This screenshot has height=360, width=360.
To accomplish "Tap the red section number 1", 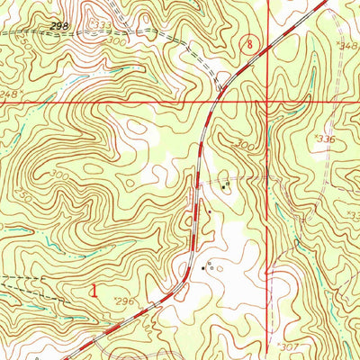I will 95,290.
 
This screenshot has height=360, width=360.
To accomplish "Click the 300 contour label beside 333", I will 138,41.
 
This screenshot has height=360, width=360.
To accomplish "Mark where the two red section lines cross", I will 268,103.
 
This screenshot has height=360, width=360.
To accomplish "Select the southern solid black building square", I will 202,267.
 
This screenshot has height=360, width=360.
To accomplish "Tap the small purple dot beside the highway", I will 210,212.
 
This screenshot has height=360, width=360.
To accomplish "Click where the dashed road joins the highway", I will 220,90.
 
